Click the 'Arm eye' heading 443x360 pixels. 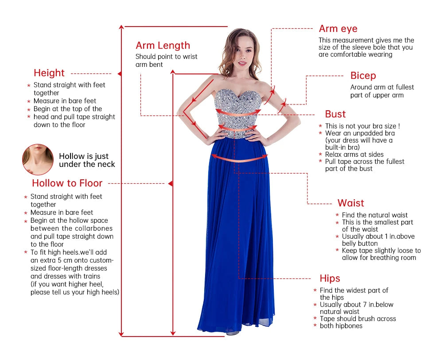(x=338, y=29)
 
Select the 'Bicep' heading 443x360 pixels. (x=363, y=76)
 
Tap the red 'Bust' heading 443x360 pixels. (x=335, y=114)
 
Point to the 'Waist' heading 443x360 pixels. (x=350, y=203)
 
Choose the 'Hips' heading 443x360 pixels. (x=330, y=279)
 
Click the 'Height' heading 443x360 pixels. (x=49, y=73)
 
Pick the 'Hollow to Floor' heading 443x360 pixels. (x=67, y=183)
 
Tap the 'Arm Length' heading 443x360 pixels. (x=163, y=46)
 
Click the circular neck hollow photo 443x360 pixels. (x=38, y=159)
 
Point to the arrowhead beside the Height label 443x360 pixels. (x=119, y=74)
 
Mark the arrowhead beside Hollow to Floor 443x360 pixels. (x=170, y=183)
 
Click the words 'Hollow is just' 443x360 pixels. (x=84, y=156)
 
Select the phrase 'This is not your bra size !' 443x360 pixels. (x=362, y=126)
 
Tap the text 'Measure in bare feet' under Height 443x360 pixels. (x=65, y=101)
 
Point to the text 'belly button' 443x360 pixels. (x=360, y=244)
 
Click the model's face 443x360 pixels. (x=242, y=54)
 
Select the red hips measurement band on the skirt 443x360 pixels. (x=239, y=158)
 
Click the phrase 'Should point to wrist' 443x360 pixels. (x=167, y=57)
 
